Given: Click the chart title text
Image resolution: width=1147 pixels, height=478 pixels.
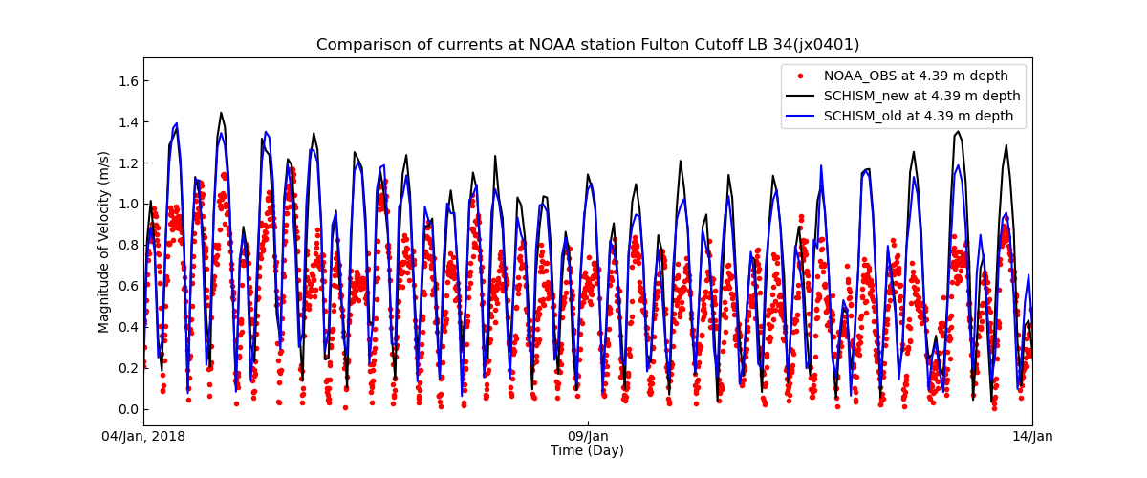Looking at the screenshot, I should (588, 45).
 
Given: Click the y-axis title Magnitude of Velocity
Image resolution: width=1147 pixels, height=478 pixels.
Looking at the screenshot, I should (104, 242).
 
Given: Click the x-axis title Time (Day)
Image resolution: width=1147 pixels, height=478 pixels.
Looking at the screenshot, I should (587, 451).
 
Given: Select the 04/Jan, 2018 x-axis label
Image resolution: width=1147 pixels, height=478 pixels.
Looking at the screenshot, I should (144, 437).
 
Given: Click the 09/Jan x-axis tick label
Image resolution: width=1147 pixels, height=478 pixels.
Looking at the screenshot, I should (588, 437).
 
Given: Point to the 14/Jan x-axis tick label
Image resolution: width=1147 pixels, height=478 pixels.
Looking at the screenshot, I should (1031, 437).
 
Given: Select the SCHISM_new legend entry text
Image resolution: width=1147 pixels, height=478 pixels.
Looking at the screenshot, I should (921, 97).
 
